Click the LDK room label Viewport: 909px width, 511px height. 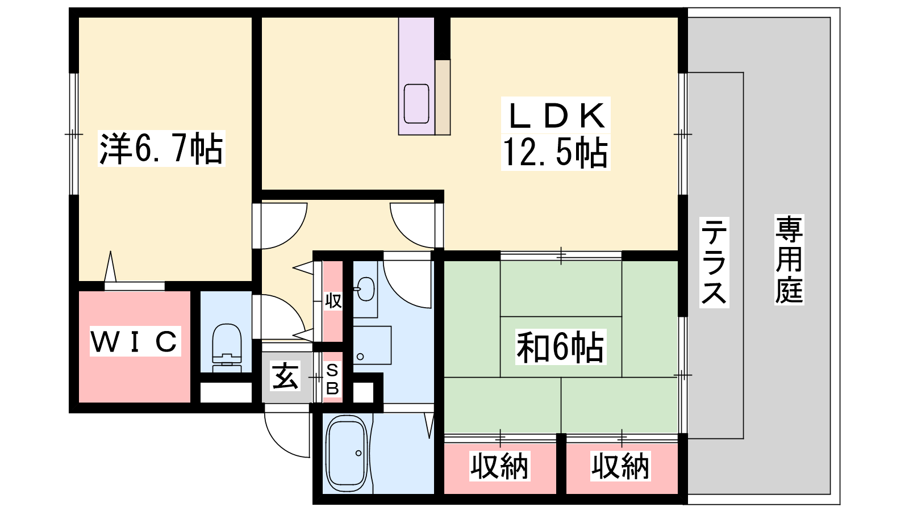(x=556, y=115)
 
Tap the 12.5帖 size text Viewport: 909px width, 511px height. (x=556, y=153)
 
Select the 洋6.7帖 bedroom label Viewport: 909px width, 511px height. (x=161, y=148)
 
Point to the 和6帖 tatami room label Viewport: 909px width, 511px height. (x=560, y=347)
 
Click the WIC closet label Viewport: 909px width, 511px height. (x=134, y=341)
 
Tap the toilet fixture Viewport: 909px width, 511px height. (x=227, y=348)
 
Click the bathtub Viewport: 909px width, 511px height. (x=347, y=453)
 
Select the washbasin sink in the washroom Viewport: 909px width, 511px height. (x=366, y=289)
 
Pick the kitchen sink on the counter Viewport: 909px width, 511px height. (x=416, y=103)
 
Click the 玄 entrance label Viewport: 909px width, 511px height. (x=285, y=376)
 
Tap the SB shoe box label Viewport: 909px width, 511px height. (x=332, y=380)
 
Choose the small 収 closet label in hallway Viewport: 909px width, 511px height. (x=333, y=300)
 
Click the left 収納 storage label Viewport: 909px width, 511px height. (x=499, y=466)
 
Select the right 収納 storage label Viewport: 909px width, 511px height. (x=620, y=466)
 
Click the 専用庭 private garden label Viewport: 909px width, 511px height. (x=789, y=259)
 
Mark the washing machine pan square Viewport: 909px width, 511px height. (x=372, y=345)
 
